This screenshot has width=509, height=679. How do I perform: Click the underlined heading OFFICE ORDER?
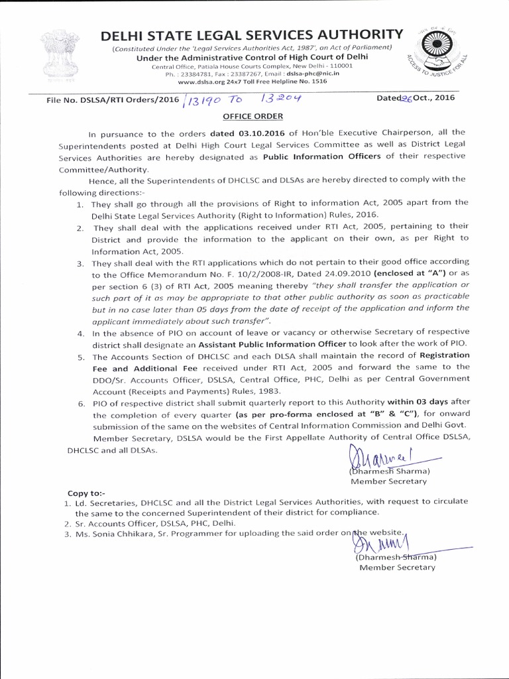pyautogui.click(x=254, y=113)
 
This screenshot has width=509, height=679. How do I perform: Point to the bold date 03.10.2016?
pyautogui.click(x=237, y=133)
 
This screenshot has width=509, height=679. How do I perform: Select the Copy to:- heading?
pyautogui.click(x=86, y=493)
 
